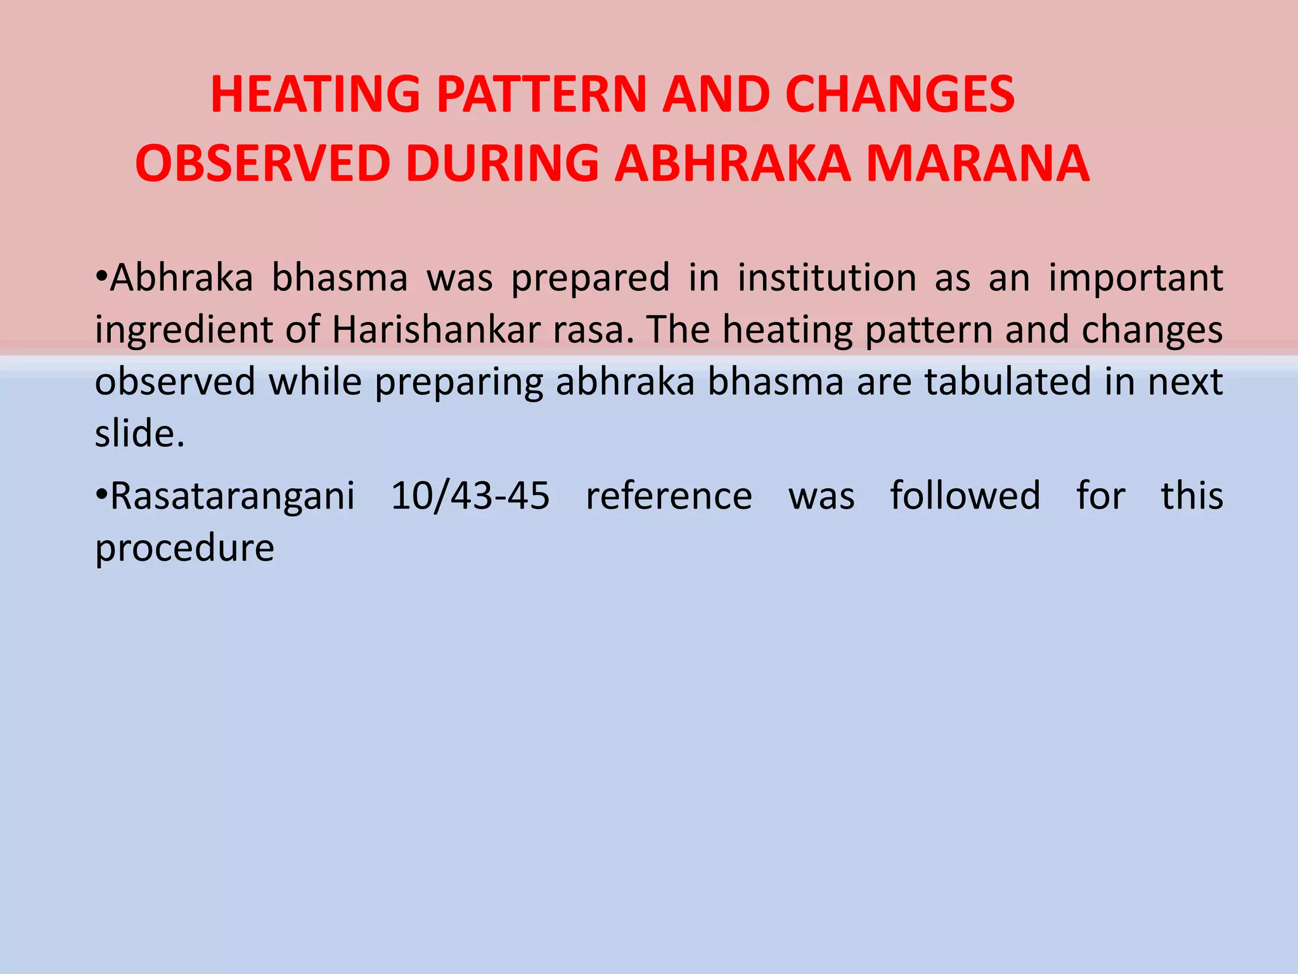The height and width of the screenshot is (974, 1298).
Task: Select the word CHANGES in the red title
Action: [x=900, y=94]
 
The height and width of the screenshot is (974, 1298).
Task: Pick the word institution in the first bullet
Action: [x=826, y=278]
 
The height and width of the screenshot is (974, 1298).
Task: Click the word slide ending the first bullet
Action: [x=139, y=434]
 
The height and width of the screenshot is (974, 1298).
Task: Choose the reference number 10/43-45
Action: [x=470, y=495]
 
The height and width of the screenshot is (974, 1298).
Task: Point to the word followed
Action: [x=965, y=495]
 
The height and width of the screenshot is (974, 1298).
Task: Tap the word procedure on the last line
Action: [x=184, y=549]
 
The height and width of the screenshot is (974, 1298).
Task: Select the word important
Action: [x=1135, y=279]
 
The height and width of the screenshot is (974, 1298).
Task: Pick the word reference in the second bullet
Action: [x=669, y=495]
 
